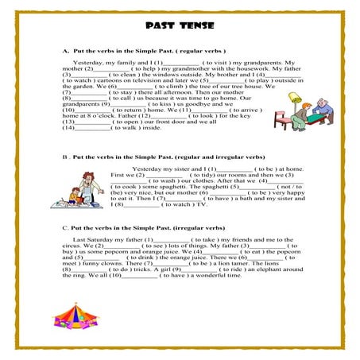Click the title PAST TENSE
point(180,25)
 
